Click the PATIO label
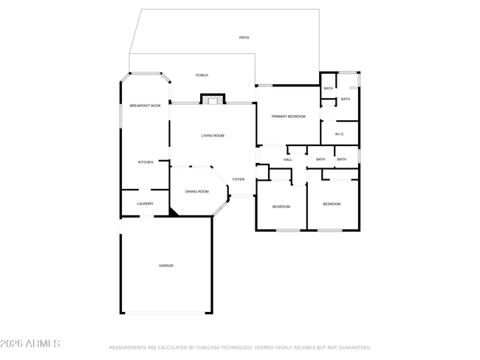coord(244,37)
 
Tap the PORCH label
coord(202,75)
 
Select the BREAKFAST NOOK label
coord(145,105)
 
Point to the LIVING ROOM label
coord(213,136)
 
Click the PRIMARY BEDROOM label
coord(288,117)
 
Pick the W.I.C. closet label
coord(340,134)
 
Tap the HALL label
coord(288,159)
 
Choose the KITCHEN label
coord(145,162)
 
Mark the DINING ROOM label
coord(196,192)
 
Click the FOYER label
coord(239,179)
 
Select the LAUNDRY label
coord(145,204)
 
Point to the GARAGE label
coord(166,266)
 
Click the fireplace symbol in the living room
coord(213,100)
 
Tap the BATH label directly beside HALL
coord(320,159)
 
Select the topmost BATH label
coord(328,89)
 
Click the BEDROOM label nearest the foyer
coord(281,207)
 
